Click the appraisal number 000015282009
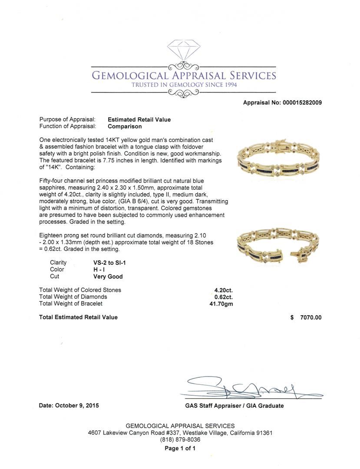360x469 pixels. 303,103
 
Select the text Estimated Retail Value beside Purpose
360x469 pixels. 139,119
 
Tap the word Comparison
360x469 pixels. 125,126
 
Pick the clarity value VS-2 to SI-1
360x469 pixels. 109,263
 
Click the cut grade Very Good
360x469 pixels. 108,277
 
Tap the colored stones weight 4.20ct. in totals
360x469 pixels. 223,290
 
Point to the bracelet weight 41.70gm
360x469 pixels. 221,304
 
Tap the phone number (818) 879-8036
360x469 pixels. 180,440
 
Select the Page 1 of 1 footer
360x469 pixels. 180,449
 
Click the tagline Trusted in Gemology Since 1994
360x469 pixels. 184,85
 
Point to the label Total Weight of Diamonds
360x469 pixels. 73,297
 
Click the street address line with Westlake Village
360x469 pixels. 180,433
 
